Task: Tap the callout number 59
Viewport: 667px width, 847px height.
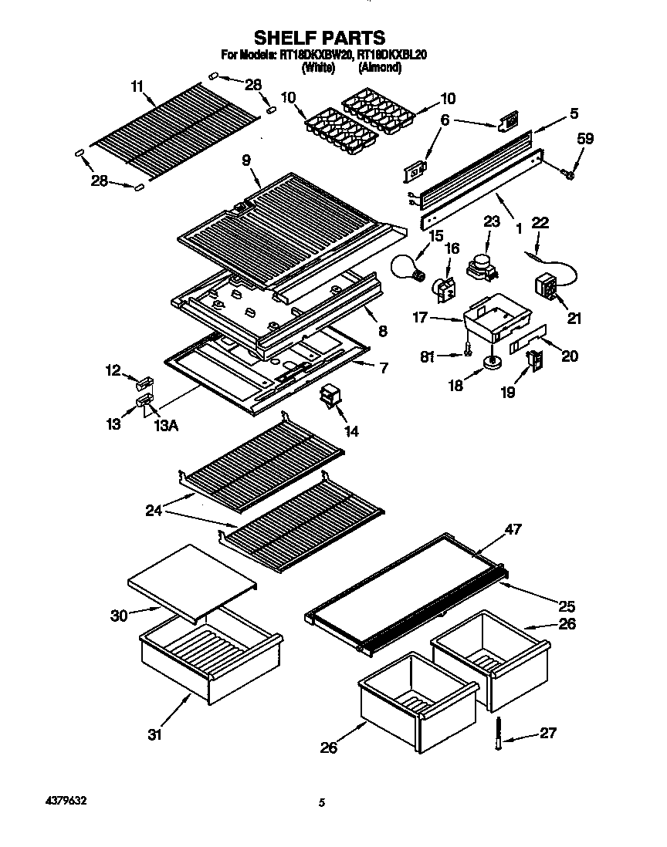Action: point(587,140)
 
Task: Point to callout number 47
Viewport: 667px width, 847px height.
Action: point(513,529)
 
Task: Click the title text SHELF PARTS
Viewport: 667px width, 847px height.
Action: point(320,37)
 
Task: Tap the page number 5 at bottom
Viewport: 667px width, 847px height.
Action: point(322,804)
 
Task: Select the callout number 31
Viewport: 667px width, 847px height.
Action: point(155,735)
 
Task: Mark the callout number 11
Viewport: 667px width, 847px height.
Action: point(137,87)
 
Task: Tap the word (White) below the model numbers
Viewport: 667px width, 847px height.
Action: point(317,67)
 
